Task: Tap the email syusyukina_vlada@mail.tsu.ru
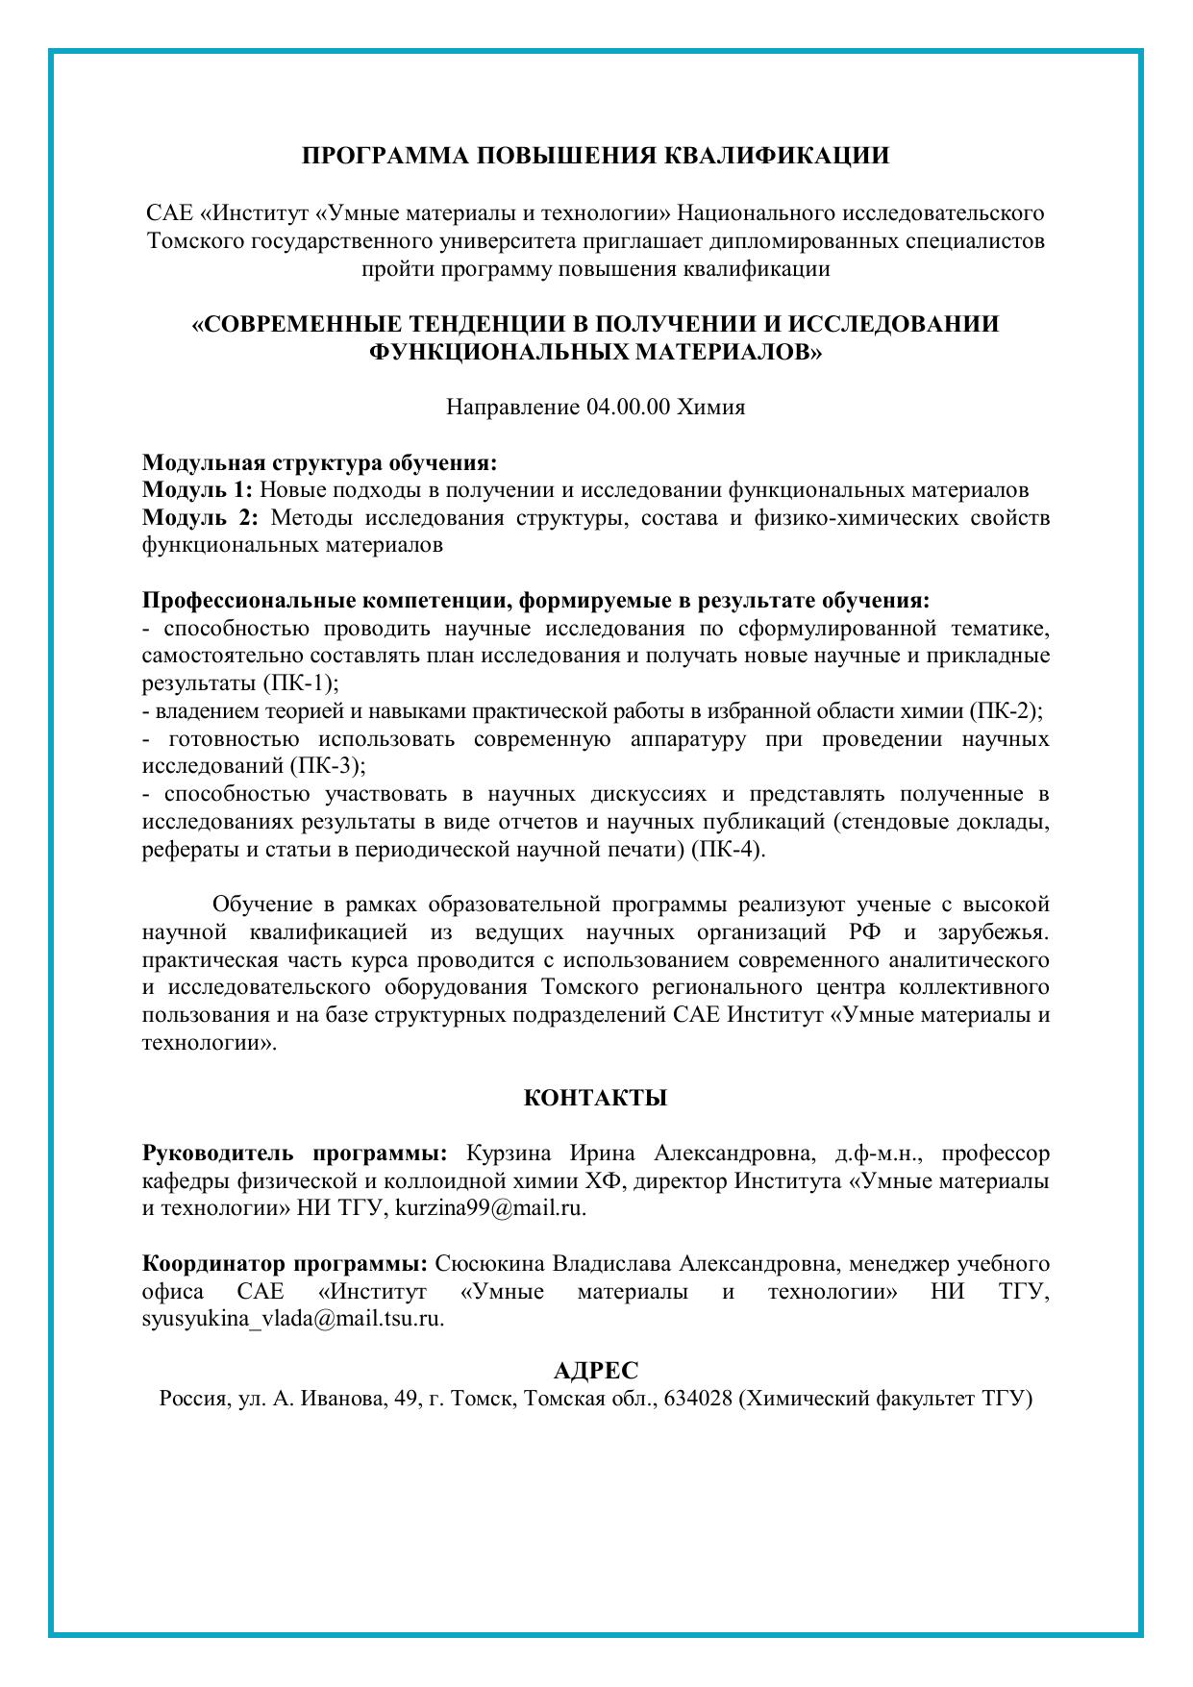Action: click(292, 1319)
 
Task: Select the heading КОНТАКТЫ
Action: click(595, 1098)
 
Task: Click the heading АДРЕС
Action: click(596, 1371)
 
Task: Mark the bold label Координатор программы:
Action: click(286, 1263)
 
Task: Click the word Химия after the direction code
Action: click(711, 408)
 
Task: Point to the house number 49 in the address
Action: click(404, 1399)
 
